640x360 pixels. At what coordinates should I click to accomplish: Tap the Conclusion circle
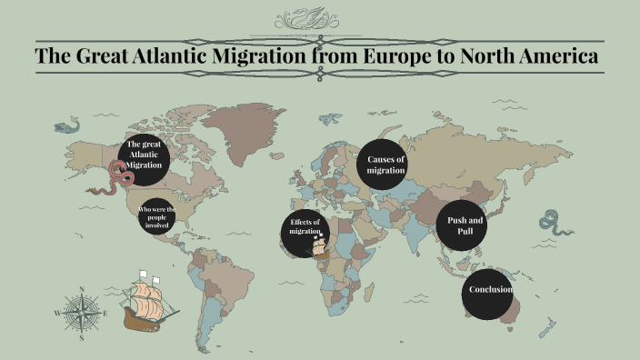pos(490,291)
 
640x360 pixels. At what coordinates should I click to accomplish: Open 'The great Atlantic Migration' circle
pos(144,156)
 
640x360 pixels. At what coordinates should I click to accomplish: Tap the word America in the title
pos(554,56)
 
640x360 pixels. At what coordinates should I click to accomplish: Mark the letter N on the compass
pos(82,291)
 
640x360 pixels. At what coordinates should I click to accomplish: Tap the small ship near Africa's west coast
pos(319,244)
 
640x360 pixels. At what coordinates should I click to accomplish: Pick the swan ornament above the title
pos(319,17)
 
